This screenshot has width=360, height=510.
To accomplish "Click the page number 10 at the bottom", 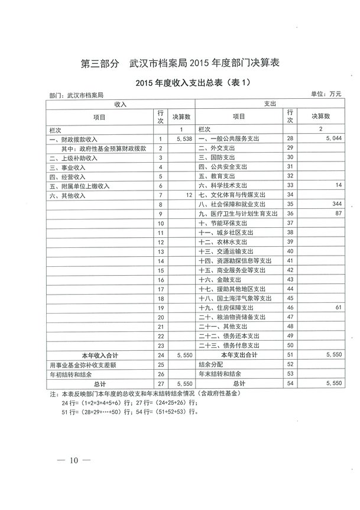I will [x=74, y=460].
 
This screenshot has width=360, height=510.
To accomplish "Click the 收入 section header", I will [x=121, y=104].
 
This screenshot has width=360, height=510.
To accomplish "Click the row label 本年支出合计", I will [x=239, y=355].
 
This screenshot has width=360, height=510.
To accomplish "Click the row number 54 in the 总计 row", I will [x=290, y=383].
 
